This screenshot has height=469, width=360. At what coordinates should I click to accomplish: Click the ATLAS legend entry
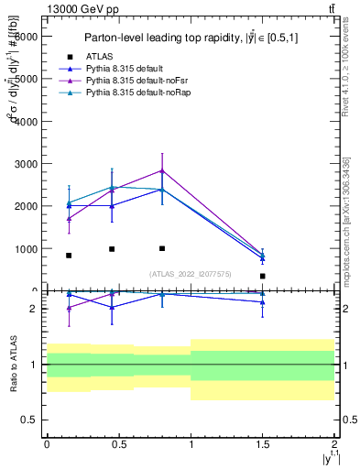(101, 56)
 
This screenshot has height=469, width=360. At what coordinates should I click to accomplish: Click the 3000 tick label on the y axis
(26, 164)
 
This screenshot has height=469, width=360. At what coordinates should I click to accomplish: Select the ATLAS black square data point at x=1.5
(263, 276)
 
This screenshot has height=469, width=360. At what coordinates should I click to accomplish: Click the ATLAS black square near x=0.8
(162, 248)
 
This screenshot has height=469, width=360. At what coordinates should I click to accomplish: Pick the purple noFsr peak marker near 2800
(162, 170)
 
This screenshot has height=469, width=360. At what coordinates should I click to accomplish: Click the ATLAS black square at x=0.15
(69, 256)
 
